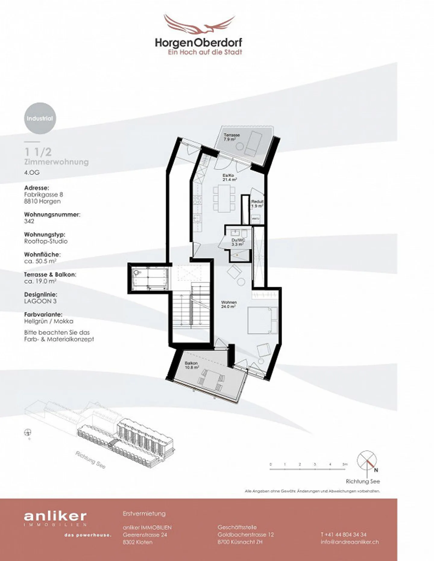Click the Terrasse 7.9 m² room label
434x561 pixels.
pos(231,137)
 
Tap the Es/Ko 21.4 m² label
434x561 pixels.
pos(229,178)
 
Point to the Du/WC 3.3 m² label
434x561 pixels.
pos(238,242)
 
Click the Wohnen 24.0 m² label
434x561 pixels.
pos(229,304)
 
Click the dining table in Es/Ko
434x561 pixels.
pos(224,199)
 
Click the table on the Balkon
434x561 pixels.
pos(212,380)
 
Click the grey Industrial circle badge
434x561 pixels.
pos(40,118)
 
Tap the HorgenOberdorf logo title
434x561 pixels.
pos(198,43)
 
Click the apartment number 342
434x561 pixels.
pos(29,221)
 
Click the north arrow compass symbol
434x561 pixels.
pos(367,460)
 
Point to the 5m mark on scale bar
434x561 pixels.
pos(345,464)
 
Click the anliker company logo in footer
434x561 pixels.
pos(55,516)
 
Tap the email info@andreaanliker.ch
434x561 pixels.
pos(350,542)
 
